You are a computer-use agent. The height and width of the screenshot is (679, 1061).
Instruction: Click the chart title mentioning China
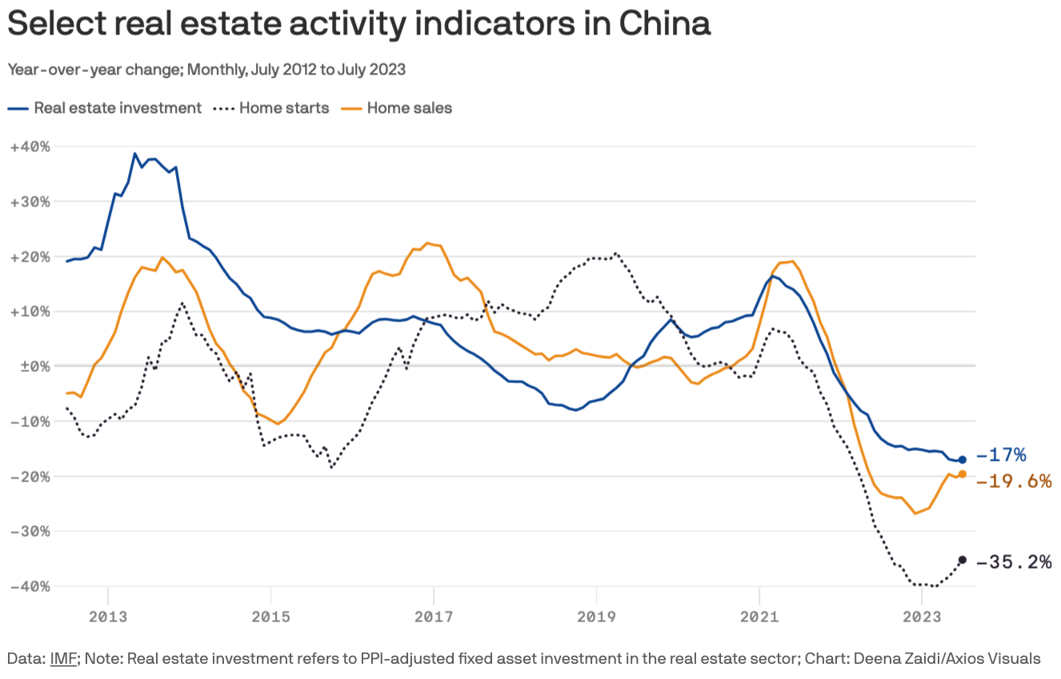pos(358,24)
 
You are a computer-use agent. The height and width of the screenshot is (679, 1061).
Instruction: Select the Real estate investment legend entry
pos(117,107)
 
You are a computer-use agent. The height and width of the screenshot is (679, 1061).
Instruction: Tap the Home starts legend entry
pos(284,107)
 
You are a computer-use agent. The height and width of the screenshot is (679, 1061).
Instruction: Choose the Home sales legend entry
pos(409,107)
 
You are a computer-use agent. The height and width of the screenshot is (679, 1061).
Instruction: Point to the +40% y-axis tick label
pos(30,146)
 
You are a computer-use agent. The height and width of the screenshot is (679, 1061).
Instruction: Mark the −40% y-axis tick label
pos(30,586)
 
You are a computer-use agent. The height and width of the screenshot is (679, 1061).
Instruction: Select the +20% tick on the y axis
pos(30,257)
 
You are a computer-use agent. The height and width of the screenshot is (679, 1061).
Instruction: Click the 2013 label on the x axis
pos(107,617)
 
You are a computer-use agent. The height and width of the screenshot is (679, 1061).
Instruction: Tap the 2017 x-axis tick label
pos(433,617)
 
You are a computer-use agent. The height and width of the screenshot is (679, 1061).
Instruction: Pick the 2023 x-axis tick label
pos(922,617)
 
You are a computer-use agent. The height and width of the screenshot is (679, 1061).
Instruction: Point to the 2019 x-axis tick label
pos(596,617)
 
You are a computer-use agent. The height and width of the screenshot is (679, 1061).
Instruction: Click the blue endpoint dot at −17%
pos(963,460)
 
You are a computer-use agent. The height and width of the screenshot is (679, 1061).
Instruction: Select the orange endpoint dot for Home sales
pos(963,474)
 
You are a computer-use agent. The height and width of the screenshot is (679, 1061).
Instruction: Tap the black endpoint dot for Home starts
pos(963,560)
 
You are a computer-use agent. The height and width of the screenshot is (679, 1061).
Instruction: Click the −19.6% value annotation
pos(1014,481)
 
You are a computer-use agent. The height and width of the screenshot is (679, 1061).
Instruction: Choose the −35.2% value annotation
pos(1014,562)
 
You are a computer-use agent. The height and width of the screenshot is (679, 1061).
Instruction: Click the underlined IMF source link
pos(62,659)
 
